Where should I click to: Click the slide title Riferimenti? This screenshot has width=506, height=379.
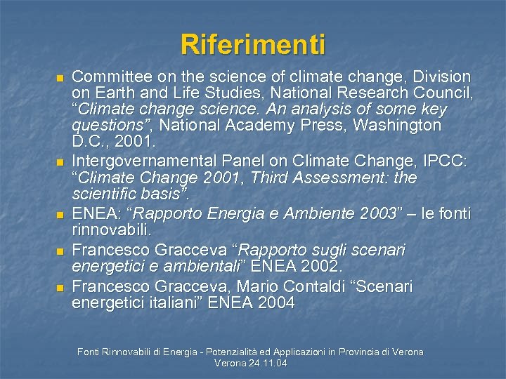click(253, 44)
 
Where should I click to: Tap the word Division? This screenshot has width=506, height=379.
click(442, 76)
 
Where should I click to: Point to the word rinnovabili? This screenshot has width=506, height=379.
click(111, 230)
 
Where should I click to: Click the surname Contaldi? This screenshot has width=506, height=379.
click(285, 286)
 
